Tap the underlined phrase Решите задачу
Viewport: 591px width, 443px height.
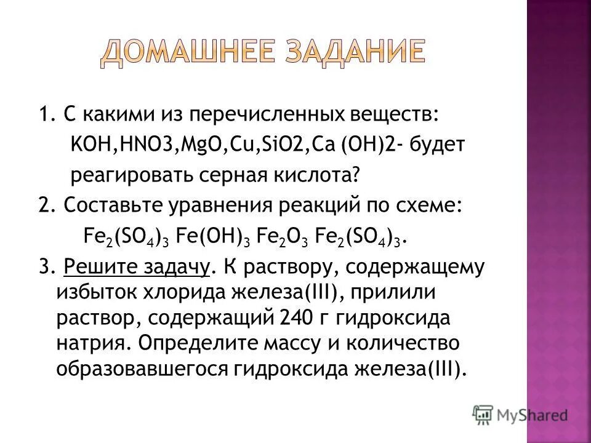pyautogui.click(x=139, y=268)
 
